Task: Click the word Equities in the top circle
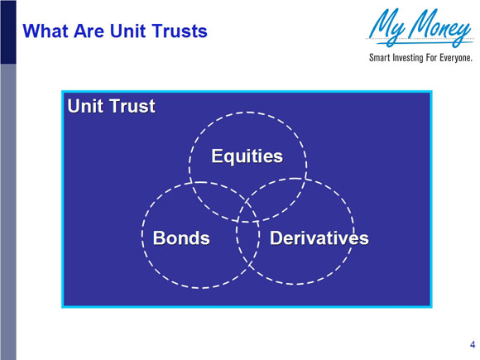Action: point(247,156)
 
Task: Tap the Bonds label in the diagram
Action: point(181,238)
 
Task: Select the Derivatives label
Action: point(319,238)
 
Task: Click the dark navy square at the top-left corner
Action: point(7,32)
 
